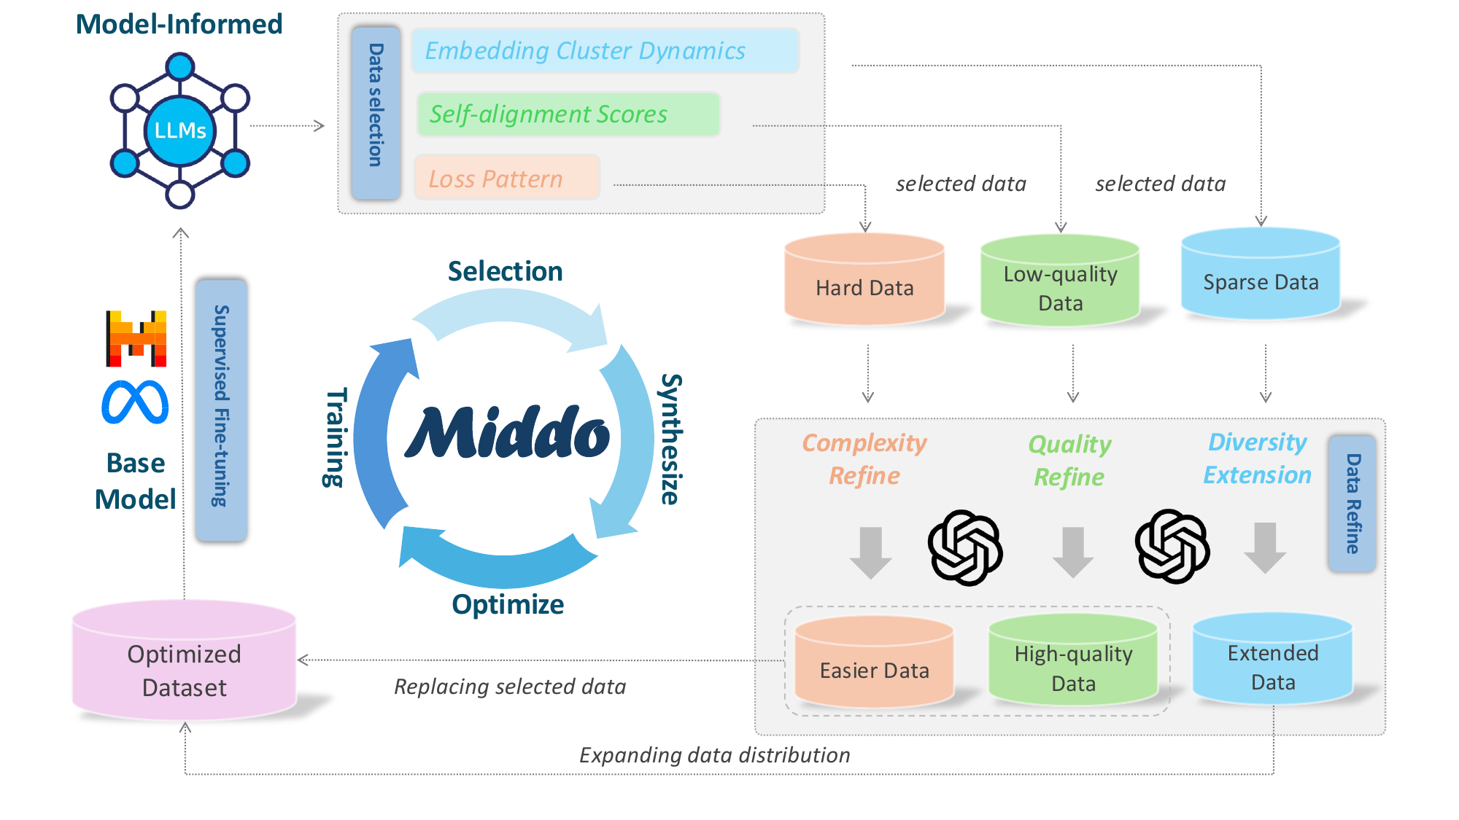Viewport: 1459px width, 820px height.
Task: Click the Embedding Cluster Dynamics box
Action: (x=605, y=51)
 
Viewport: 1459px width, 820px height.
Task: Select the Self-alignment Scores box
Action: (x=568, y=114)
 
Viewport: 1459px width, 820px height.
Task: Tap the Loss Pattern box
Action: (x=507, y=178)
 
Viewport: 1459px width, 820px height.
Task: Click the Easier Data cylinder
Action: (x=874, y=663)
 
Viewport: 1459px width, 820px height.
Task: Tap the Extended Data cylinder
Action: (x=1273, y=660)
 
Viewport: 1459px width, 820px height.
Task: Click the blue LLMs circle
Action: (x=180, y=130)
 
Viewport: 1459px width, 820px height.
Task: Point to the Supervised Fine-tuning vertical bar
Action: (x=221, y=410)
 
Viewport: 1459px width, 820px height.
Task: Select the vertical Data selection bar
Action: (x=376, y=113)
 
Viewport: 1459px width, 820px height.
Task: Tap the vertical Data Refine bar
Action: (x=1352, y=504)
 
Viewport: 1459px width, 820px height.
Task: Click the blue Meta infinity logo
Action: (x=135, y=402)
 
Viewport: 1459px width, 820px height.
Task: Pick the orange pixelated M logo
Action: (x=136, y=338)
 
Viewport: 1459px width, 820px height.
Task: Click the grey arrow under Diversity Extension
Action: (x=1265, y=547)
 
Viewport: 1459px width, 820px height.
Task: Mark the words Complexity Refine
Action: (x=864, y=459)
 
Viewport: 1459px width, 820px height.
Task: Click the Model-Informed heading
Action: (x=179, y=24)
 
